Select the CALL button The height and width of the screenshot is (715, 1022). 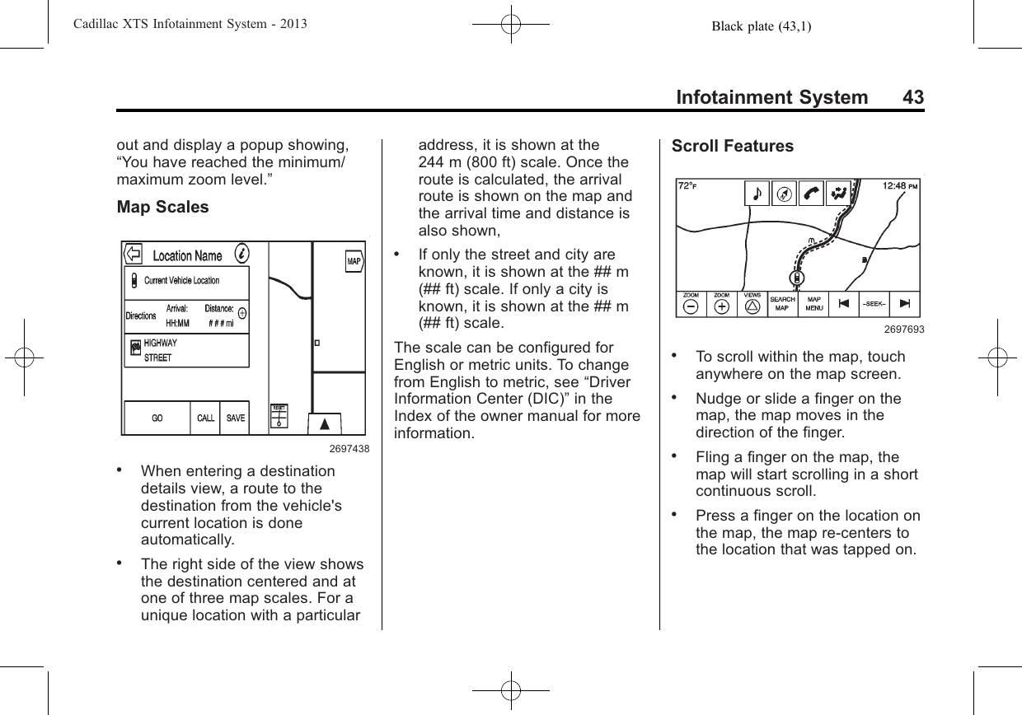point(206,418)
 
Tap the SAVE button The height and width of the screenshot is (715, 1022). point(236,418)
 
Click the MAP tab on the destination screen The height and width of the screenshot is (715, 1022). point(354,262)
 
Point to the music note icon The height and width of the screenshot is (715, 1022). point(757,194)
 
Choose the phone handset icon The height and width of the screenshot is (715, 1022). point(812,194)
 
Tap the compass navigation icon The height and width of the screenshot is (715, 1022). point(785,194)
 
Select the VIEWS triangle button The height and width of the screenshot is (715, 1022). point(752,303)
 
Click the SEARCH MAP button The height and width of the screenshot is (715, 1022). point(781,303)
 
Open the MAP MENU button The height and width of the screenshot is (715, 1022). point(813,303)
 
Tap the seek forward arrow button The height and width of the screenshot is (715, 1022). point(905,303)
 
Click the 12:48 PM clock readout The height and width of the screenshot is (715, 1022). point(900,186)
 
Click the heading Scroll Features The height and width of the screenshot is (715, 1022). point(733,147)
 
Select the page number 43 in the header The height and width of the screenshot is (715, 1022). point(913,98)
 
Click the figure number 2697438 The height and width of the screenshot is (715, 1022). point(349,449)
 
